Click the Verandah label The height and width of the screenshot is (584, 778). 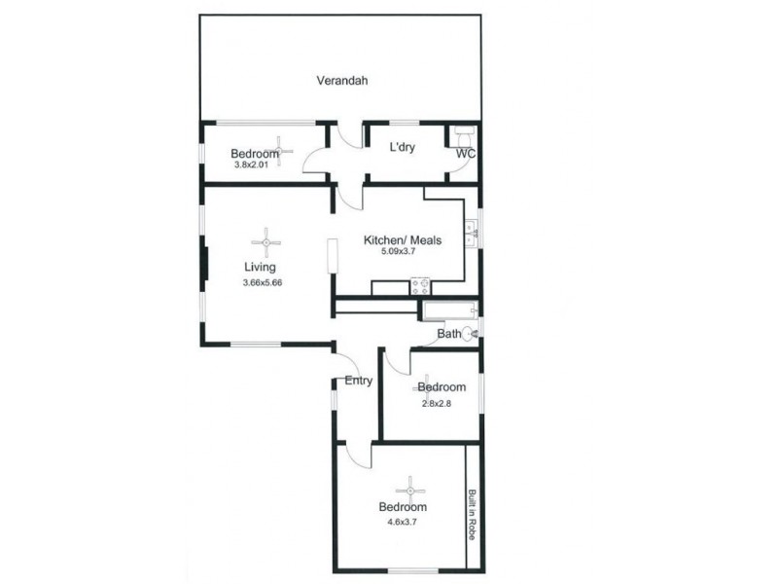pyautogui.click(x=341, y=81)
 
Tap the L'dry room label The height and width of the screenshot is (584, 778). pyautogui.click(x=404, y=148)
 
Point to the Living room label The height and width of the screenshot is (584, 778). pyautogui.click(x=260, y=267)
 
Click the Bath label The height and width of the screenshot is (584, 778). pyautogui.click(x=448, y=334)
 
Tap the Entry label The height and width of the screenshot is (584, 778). pyautogui.click(x=358, y=381)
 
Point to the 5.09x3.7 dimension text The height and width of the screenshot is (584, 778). pyautogui.click(x=402, y=252)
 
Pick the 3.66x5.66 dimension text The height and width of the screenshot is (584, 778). pyautogui.click(x=262, y=282)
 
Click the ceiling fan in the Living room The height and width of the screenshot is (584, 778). pyautogui.click(x=265, y=242)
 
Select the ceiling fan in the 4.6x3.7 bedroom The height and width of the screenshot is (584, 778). pyautogui.click(x=409, y=490)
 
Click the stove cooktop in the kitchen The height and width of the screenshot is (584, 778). pyautogui.click(x=421, y=286)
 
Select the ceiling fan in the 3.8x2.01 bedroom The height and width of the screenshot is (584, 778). pyautogui.click(x=280, y=151)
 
